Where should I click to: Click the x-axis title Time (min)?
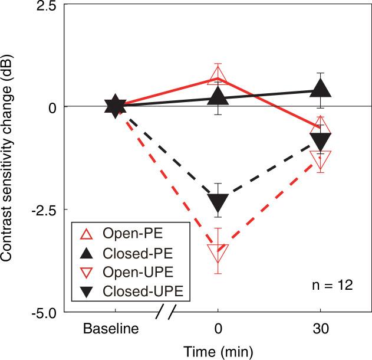(217, 351)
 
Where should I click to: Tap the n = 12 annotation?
(333, 286)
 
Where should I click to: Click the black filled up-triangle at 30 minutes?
(320, 89)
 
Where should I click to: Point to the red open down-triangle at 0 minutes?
(218, 253)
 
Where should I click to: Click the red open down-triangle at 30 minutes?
(320, 158)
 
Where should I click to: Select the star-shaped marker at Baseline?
(115, 107)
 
